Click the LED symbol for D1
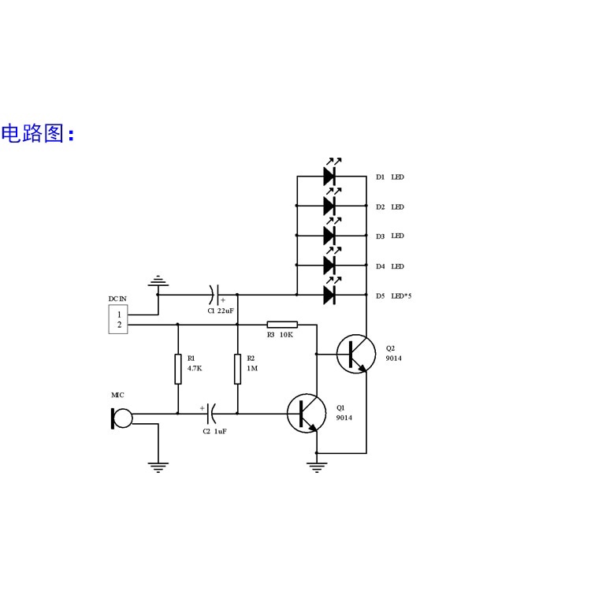330,177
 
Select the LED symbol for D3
330,235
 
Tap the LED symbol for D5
330,295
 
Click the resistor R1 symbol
178,368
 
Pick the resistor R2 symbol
238,368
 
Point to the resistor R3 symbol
281,324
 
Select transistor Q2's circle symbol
356,354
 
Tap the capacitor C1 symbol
216,295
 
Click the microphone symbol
121,418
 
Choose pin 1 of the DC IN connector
119,314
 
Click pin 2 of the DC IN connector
119,325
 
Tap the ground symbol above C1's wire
158,281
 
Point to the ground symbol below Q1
317,467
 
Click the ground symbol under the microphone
158,467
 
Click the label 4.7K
195,368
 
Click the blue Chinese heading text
37,133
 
